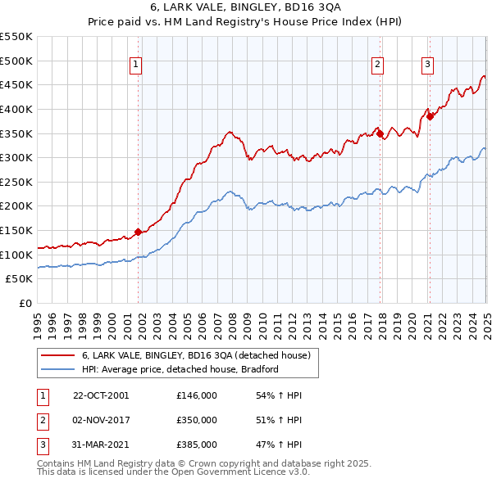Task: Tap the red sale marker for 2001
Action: [138, 232]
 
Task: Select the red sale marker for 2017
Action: [380, 133]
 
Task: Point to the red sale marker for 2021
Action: [430, 116]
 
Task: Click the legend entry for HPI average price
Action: [180, 369]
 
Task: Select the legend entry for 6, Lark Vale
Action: [195, 356]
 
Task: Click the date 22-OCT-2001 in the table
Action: [101, 395]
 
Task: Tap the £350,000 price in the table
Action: [196, 420]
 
